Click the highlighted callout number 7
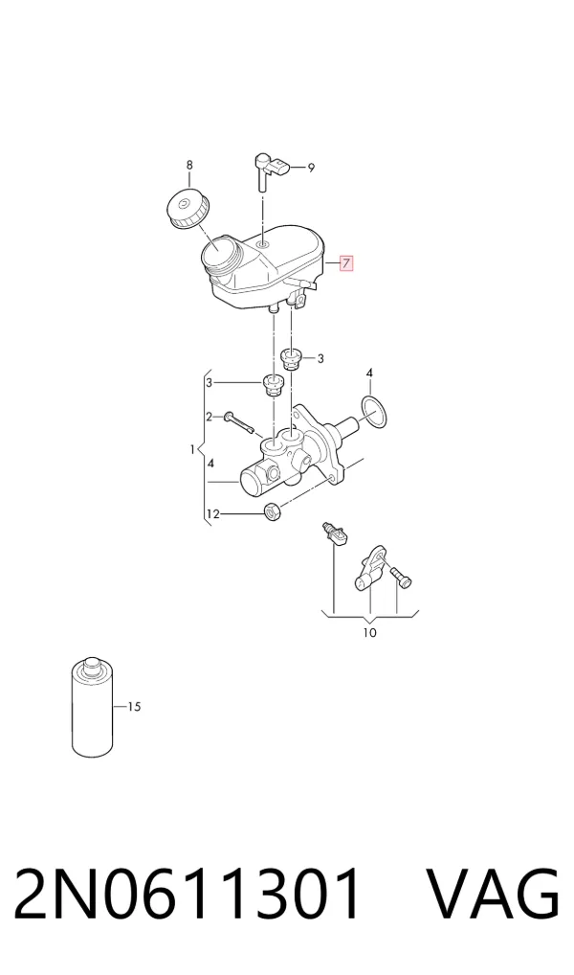[x=346, y=263]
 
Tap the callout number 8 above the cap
[x=189, y=165]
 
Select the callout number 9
[x=311, y=167]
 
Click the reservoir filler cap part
[x=188, y=208]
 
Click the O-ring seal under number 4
[x=373, y=412]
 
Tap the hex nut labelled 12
[x=273, y=511]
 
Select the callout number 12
[x=213, y=514]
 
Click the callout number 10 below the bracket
[x=369, y=633]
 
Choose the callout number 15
[x=134, y=707]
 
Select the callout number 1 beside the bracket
[x=193, y=448]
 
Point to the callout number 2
[x=210, y=417]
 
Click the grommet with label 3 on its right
[x=290, y=359]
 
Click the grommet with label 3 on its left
[x=272, y=384]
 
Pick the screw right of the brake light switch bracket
[x=401, y=577]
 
